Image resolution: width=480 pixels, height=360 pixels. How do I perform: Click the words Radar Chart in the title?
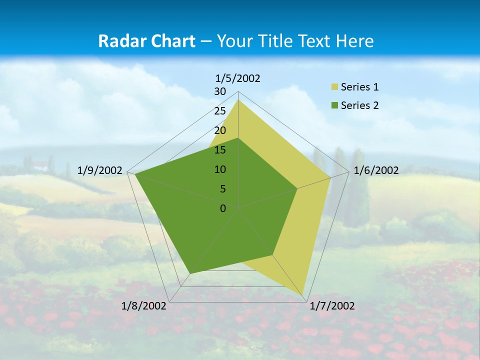(146, 41)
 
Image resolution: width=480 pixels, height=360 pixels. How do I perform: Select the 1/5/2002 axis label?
(238, 78)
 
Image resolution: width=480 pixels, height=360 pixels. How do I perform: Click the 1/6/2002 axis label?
(376, 170)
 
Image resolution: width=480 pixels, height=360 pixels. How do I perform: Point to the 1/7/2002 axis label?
(332, 306)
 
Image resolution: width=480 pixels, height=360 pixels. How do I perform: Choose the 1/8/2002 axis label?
(144, 306)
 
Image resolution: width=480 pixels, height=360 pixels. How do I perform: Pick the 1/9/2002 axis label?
(100, 170)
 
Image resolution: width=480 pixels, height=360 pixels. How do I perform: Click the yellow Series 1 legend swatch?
(335, 87)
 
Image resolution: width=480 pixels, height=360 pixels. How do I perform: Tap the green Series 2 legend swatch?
(335, 105)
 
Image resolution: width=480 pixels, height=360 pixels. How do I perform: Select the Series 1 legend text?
(359, 87)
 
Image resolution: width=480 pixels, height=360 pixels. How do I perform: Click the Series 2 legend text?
(359, 105)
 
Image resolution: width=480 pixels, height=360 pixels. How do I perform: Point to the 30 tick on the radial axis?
(220, 91)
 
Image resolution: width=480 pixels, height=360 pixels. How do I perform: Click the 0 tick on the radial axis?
(223, 208)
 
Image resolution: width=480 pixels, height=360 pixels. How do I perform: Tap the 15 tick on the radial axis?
(220, 150)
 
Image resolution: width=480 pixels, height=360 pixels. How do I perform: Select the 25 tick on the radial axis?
(220, 111)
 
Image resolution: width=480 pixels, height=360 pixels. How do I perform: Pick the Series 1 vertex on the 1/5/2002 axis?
(238, 100)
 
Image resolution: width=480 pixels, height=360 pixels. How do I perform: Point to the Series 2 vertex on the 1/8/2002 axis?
(190, 273)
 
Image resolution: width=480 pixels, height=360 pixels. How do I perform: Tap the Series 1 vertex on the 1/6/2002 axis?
(330, 177)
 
